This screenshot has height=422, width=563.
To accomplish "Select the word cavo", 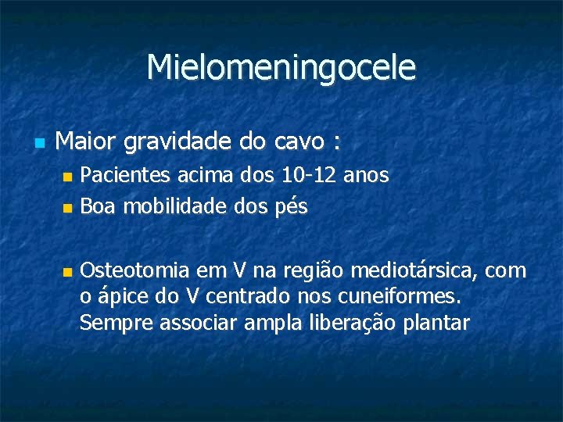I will coord(296,143).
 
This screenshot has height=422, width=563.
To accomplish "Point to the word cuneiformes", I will coord(400,297).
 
